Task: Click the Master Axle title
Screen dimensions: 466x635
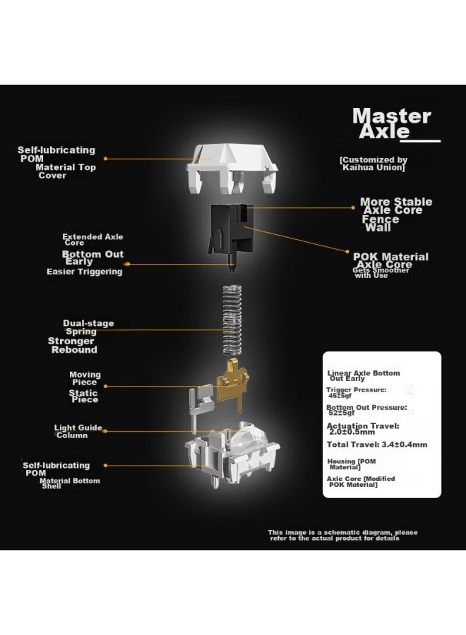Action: click(392, 123)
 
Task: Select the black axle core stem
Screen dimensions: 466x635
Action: click(232, 235)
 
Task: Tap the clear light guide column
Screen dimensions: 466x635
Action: click(248, 437)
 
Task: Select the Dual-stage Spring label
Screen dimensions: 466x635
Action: click(88, 327)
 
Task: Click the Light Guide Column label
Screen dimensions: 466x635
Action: click(78, 431)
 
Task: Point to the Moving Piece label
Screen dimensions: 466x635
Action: click(85, 378)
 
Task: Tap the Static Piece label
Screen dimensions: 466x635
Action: click(83, 396)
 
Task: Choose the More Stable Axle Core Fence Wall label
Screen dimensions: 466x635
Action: click(396, 214)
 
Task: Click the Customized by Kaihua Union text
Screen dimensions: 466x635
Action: click(374, 164)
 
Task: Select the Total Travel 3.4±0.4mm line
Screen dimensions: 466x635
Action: click(377, 445)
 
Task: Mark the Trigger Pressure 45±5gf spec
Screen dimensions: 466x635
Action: click(356, 392)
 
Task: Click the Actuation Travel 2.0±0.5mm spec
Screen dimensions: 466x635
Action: click(363, 429)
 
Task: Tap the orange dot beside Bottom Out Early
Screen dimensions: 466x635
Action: click(127, 264)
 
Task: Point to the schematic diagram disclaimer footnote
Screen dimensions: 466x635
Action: click(342, 536)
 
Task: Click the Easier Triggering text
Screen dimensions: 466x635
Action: click(84, 272)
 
